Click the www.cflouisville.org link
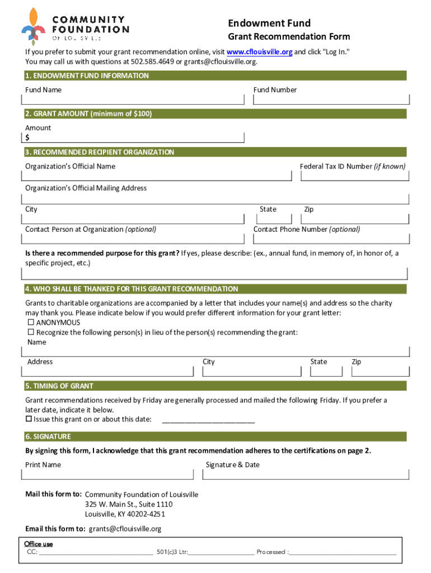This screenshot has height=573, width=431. [259, 52]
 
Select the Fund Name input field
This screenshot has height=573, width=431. [133, 100]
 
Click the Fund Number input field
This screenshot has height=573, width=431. [331, 100]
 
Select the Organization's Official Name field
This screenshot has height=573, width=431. [157, 176]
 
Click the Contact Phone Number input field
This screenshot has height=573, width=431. [331, 239]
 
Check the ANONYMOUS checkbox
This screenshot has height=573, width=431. [31, 323]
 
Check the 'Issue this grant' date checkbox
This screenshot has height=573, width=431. [29, 419]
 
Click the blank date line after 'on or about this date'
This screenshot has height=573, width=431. [208, 420]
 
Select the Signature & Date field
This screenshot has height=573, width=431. [306, 475]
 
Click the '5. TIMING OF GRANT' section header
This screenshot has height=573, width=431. [59, 386]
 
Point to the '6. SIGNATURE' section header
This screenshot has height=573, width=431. [48, 436]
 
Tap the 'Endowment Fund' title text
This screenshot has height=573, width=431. [269, 23]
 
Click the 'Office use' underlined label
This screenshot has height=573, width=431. [39, 544]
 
